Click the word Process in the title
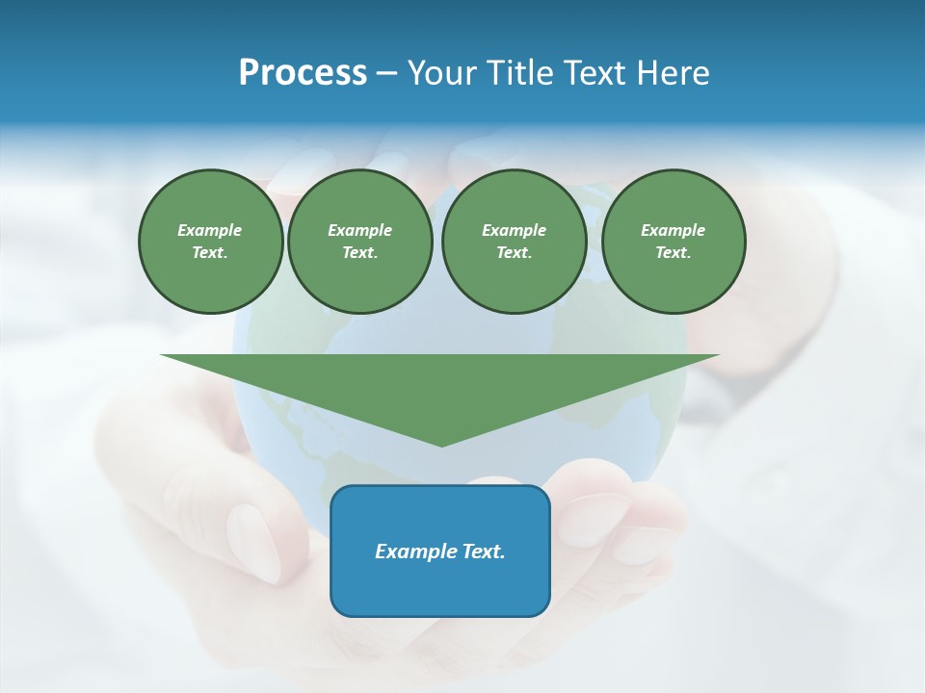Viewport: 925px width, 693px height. click(303, 73)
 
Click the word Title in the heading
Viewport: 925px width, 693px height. click(517, 73)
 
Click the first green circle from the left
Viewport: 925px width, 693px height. click(210, 242)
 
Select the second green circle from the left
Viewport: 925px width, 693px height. click(359, 242)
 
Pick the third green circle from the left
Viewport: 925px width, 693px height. click(514, 242)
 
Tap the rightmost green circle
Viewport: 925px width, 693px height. click(673, 242)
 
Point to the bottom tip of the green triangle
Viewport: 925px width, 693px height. click(441, 446)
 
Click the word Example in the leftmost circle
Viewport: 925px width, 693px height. click(210, 230)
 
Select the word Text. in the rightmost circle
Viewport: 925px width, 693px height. click(673, 253)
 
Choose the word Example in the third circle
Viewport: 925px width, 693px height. click(514, 230)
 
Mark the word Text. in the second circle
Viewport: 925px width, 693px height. click(359, 253)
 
